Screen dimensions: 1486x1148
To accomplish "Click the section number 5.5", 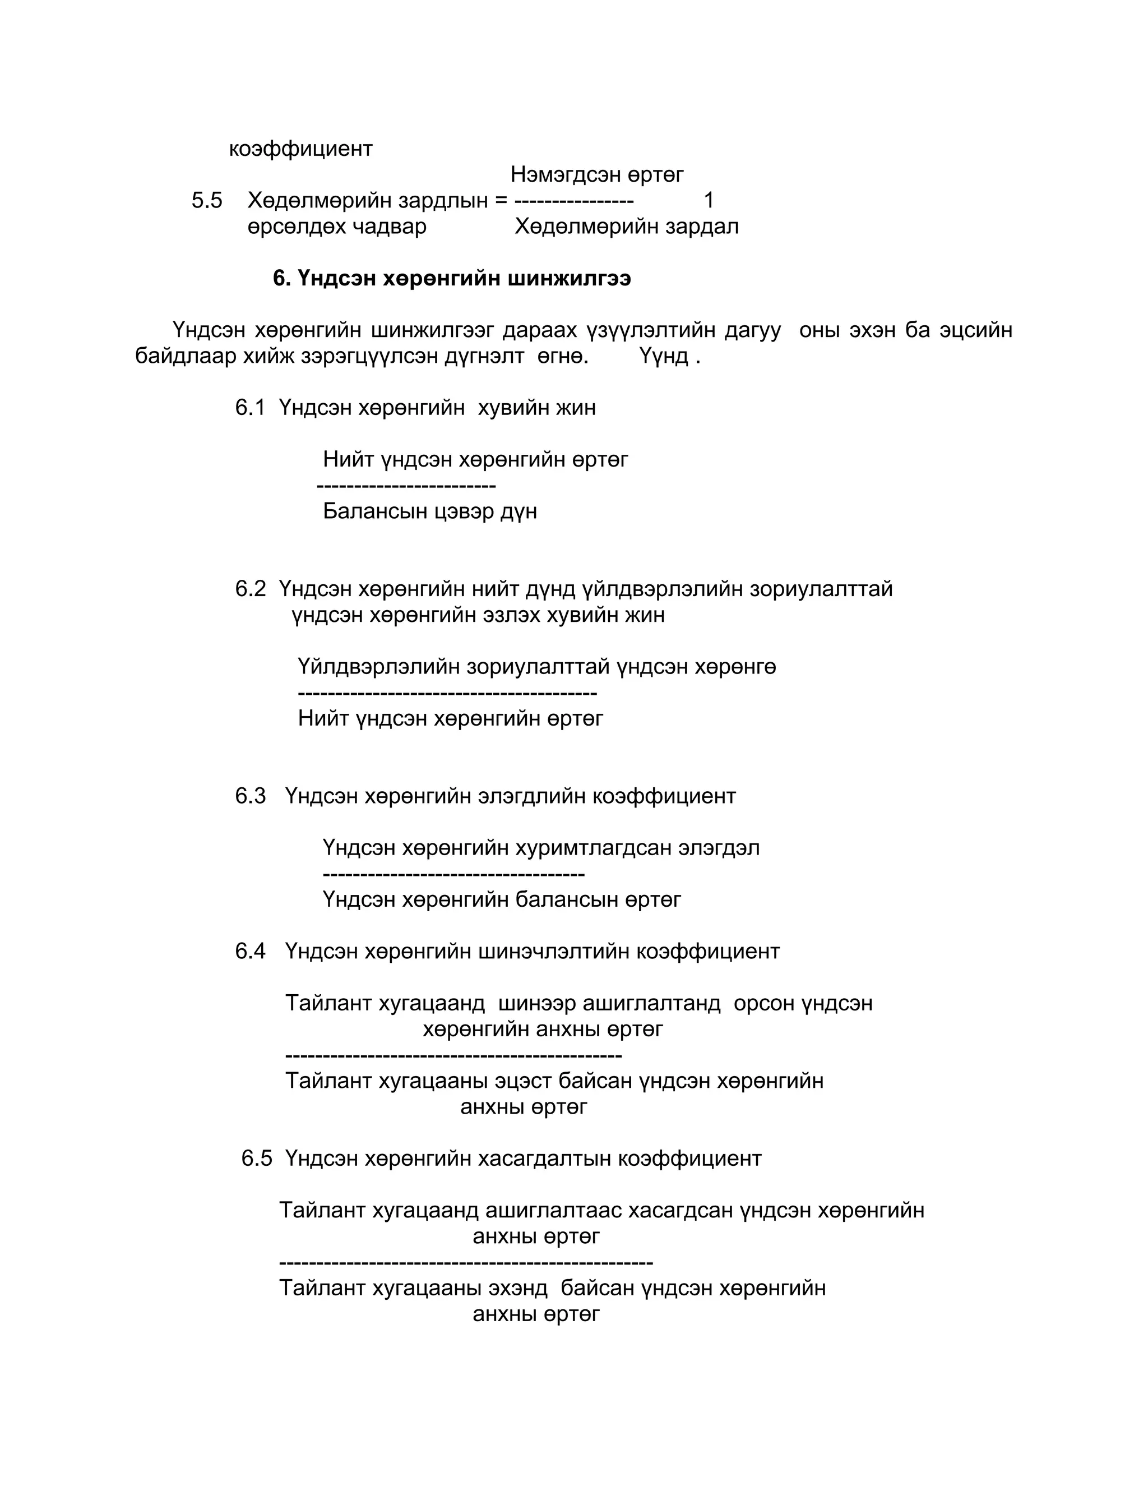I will [207, 201].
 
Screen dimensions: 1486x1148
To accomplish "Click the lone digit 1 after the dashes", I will [709, 201].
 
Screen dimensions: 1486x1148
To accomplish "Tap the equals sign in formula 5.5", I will [501, 201].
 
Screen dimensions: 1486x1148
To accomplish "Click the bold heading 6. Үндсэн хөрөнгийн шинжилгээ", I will [452, 278].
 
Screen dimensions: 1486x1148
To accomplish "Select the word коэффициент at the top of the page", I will [300, 149].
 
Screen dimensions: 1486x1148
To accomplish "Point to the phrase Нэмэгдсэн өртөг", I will [596, 175].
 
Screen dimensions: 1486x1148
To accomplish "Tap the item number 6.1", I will [249, 408].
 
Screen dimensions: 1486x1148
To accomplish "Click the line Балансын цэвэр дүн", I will [430, 511].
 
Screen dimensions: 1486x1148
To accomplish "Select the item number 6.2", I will [250, 589].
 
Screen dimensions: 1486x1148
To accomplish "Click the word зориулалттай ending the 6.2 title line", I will [821, 589].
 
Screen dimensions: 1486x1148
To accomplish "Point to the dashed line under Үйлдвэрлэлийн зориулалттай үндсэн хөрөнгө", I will [447, 693].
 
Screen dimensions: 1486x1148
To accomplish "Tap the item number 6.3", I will [250, 796].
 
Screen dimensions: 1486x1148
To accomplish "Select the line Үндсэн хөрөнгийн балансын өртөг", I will [501, 899].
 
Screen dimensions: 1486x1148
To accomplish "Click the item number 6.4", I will [250, 951].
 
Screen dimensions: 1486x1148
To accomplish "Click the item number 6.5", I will [256, 1158].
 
